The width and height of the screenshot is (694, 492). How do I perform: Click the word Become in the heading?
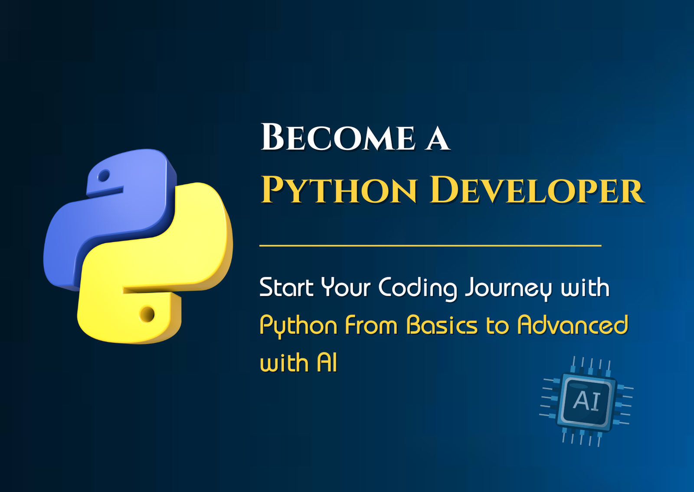tap(338, 137)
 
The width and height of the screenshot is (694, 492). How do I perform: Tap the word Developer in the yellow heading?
tap(537, 189)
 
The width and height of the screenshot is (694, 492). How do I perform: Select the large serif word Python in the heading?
tap(339, 189)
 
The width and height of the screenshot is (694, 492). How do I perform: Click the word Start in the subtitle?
tap(286, 287)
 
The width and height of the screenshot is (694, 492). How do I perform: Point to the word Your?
tap(346, 287)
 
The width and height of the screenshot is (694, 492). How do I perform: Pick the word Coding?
tap(418, 289)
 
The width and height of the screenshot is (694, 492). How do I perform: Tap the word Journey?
tap(508, 289)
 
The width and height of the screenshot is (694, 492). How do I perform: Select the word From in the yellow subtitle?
tap(371, 325)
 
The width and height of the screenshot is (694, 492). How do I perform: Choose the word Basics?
tap(442, 325)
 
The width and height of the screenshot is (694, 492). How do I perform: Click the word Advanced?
tap(573, 325)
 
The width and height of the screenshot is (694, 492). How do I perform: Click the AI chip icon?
tap(586, 401)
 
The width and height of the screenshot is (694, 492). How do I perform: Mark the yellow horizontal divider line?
tap(430, 245)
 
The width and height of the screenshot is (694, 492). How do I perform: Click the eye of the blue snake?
tap(104, 176)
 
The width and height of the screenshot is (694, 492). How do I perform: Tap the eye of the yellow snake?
tap(147, 314)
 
